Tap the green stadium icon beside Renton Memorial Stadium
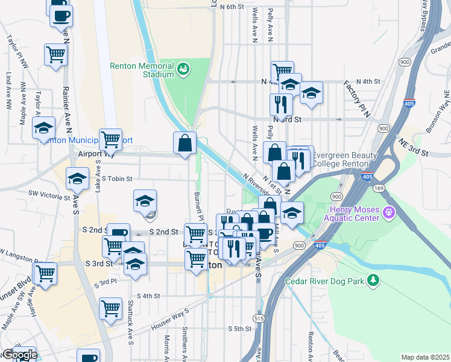point(183,69)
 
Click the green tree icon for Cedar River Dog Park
point(374,280)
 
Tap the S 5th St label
point(239,328)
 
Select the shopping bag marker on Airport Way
point(185,143)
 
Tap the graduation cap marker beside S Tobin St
point(77,179)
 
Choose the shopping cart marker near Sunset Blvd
point(45,273)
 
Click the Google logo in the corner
point(19,355)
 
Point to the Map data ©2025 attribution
point(425,357)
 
